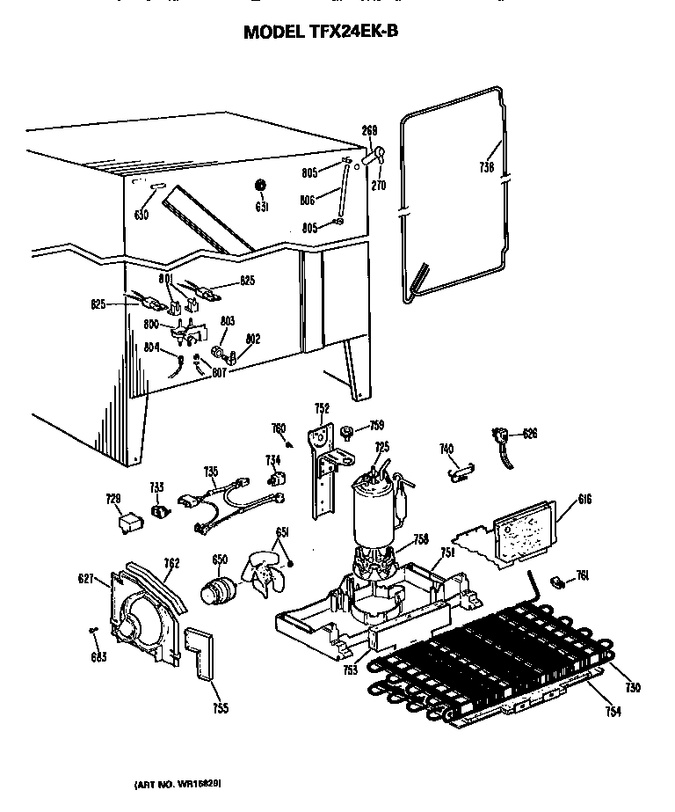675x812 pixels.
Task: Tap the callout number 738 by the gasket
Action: (486, 166)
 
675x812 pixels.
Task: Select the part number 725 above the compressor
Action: (381, 447)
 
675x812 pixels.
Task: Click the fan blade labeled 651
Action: (264, 574)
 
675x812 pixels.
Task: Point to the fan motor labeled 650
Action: (214, 592)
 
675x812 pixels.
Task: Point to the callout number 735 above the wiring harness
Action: (210, 472)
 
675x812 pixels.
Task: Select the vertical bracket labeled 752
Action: (325, 475)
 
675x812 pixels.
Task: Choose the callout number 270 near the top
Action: (379, 186)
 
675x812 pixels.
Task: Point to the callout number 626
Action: (529, 433)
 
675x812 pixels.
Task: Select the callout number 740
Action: (446, 450)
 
